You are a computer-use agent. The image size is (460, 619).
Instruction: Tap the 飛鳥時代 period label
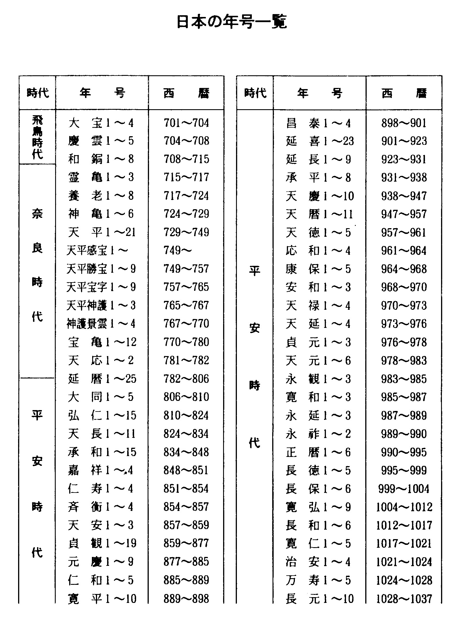click(x=37, y=137)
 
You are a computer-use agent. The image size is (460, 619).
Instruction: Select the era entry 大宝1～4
click(x=101, y=123)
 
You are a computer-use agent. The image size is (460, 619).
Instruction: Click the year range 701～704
click(x=186, y=123)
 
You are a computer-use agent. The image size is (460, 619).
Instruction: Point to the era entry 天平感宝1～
click(x=97, y=251)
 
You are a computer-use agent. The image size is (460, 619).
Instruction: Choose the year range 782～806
click(x=186, y=379)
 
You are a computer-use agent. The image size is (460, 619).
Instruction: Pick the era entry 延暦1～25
click(x=102, y=379)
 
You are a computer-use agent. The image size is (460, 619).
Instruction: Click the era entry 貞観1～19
click(x=102, y=543)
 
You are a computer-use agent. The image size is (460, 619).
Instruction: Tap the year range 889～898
click(x=186, y=599)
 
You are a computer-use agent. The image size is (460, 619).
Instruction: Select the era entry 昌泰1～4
click(x=318, y=123)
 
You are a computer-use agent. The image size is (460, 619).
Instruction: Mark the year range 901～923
click(x=404, y=141)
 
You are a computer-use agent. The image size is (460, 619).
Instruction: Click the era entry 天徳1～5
click(x=318, y=232)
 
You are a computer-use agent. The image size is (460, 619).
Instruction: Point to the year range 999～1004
click(x=404, y=489)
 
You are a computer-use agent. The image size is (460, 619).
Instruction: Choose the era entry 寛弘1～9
click(x=318, y=507)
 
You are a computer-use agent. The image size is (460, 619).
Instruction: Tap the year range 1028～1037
click(x=404, y=599)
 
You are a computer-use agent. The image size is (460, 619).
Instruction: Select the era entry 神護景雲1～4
click(x=101, y=324)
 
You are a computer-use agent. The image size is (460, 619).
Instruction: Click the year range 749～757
click(x=186, y=269)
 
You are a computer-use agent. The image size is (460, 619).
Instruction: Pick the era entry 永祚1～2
click(x=318, y=434)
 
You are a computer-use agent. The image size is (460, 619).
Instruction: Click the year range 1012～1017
click(x=404, y=526)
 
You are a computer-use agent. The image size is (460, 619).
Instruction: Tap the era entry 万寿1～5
click(x=318, y=580)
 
